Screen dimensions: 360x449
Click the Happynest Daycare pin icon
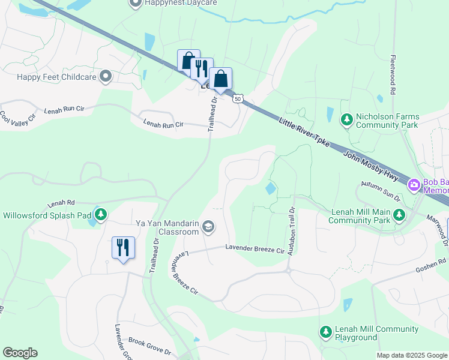135,3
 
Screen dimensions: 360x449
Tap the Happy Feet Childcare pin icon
106,76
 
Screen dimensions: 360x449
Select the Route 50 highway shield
238,98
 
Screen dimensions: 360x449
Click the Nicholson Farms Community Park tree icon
346,120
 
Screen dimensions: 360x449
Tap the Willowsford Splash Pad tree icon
101,214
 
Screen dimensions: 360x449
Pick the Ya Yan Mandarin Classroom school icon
208,227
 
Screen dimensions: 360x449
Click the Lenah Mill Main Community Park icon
398,214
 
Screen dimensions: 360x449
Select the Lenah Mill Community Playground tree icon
325,331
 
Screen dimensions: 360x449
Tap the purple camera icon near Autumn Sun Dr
414,185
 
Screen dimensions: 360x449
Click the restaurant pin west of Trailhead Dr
123,247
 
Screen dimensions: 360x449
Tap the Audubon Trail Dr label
292,231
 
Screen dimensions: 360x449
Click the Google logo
20,353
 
